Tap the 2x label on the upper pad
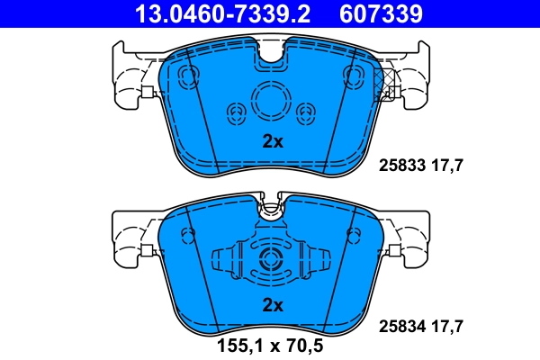pos(272,141)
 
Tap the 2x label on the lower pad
pos(272,305)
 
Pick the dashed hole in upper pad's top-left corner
pos(189,76)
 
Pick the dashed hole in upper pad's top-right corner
pos(354,76)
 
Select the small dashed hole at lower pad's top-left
pos(187,235)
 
